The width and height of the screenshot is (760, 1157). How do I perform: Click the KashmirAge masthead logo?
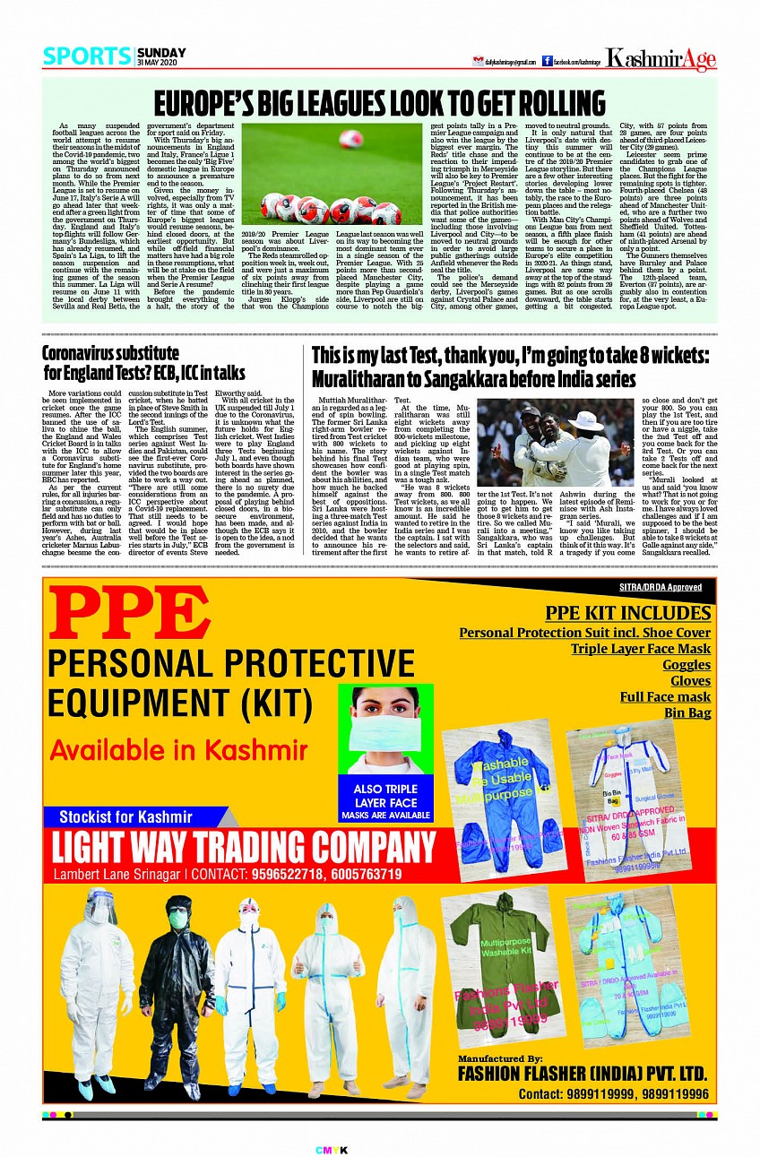pyautogui.click(x=661, y=60)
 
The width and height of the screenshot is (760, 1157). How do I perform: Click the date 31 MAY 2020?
pyautogui.click(x=160, y=62)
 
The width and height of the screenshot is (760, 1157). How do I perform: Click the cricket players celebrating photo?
pyautogui.click(x=555, y=441)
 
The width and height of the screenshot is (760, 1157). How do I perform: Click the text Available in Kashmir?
pyautogui.click(x=178, y=749)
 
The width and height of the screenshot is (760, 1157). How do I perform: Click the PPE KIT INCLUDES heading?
pyautogui.click(x=627, y=613)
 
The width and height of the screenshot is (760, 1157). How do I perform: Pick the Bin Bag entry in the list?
pyautogui.click(x=687, y=712)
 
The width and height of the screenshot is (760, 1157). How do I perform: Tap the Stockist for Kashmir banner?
pyautogui.click(x=125, y=816)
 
